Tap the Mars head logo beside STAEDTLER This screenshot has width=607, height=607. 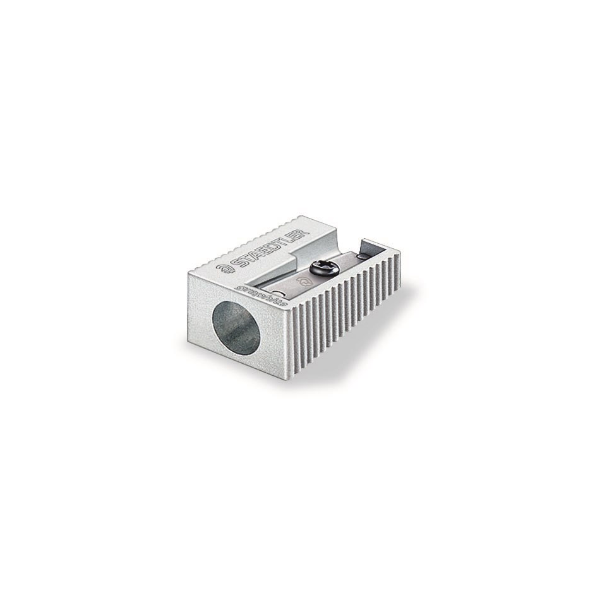coord(225,268)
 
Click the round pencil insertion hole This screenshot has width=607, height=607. coord(236,327)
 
